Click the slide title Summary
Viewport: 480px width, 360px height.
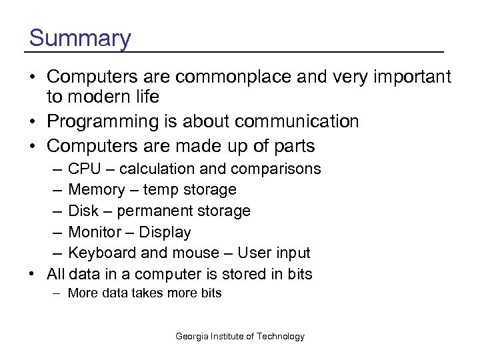80,38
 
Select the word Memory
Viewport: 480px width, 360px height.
95,190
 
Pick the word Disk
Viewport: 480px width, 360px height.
83,211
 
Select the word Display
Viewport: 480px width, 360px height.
165,233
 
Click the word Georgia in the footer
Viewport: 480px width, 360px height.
193,337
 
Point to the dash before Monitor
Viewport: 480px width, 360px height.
55,233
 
